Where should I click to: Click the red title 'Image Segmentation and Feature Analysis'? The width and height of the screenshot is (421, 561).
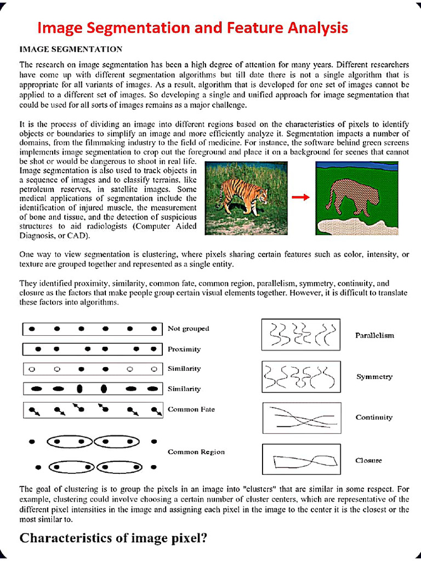tap(192, 27)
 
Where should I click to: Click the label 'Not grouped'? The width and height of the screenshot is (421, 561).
tap(188, 329)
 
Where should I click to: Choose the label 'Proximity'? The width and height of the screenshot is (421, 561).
tap(184, 349)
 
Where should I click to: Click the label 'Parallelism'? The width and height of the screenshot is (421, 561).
tap(374, 335)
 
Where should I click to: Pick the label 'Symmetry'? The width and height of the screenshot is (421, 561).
tap(374, 377)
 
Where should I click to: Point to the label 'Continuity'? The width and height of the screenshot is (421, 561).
tap(374, 417)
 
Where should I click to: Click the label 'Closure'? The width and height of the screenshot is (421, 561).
tap(368, 461)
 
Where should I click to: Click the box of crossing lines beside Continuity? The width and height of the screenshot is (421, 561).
tap(301, 419)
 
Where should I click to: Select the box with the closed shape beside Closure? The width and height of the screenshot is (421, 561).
tap(301, 460)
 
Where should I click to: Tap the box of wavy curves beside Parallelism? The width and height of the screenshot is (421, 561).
tap(301, 335)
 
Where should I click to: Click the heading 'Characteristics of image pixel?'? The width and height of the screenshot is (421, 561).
tap(113, 538)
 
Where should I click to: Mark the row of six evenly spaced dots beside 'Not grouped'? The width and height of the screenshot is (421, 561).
tap(93, 329)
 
